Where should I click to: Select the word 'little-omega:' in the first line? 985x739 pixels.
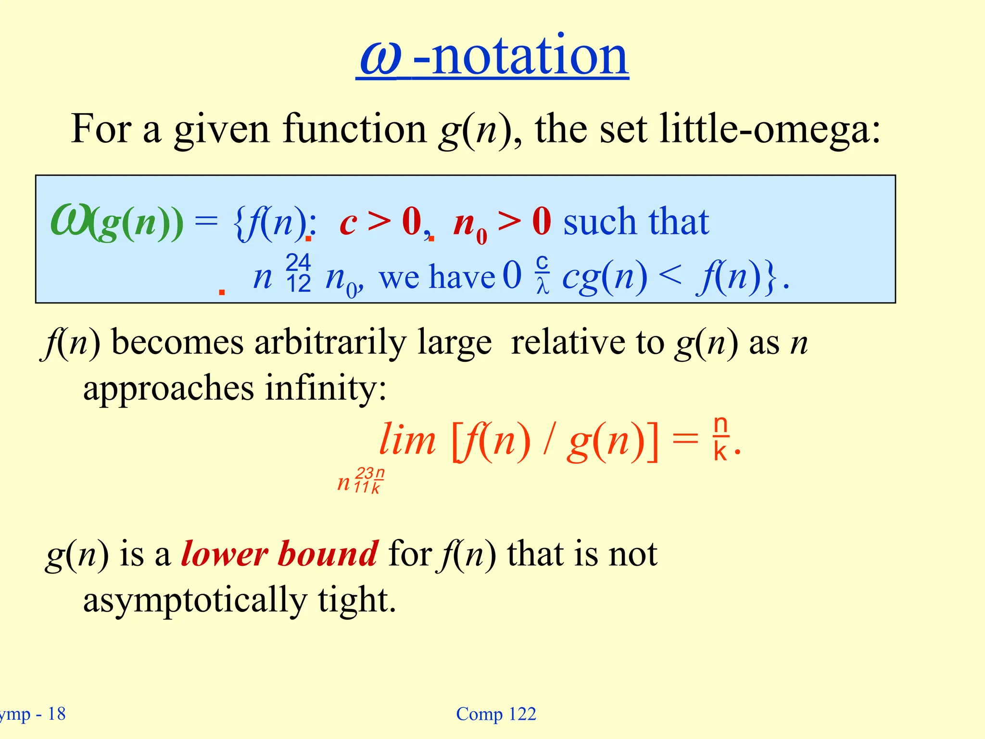770,129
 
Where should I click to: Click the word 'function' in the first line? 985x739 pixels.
354,129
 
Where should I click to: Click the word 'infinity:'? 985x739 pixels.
326,388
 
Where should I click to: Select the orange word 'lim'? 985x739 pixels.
407,441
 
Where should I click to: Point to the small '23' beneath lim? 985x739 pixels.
365,473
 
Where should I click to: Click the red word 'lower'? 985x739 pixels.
224,554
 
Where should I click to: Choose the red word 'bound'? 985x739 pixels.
328,554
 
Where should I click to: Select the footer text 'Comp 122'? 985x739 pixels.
496,714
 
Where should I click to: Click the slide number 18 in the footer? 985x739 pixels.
57,714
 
